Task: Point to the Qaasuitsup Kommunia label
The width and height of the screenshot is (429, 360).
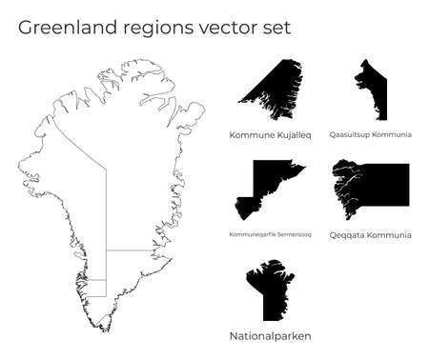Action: (370, 135)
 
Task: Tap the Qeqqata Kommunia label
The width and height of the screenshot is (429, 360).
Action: (370, 234)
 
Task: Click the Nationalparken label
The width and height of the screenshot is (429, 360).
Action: (270, 336)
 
